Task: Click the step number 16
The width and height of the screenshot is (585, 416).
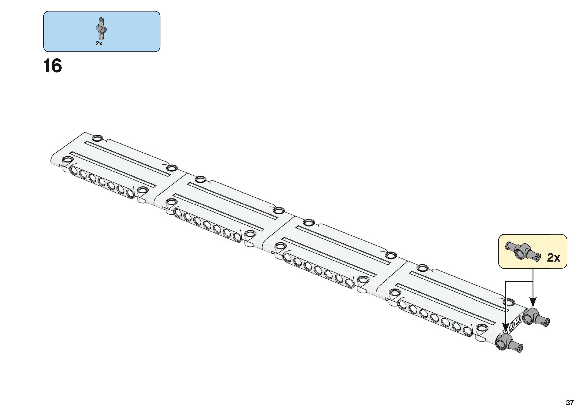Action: point(53,66)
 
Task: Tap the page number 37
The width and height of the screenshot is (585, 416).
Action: point(570,402)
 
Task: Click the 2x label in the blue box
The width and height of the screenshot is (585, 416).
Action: point(99,43)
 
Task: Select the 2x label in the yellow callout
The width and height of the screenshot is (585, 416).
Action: point(553,258)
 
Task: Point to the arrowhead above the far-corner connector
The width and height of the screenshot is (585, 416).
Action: point(533,302)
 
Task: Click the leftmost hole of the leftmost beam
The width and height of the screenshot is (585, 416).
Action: point(74,170)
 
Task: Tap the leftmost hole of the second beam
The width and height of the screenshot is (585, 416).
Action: point(178,213)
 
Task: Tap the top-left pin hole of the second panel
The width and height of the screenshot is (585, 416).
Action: point(201,179)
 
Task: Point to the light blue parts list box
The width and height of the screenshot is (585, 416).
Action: point(102,31)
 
